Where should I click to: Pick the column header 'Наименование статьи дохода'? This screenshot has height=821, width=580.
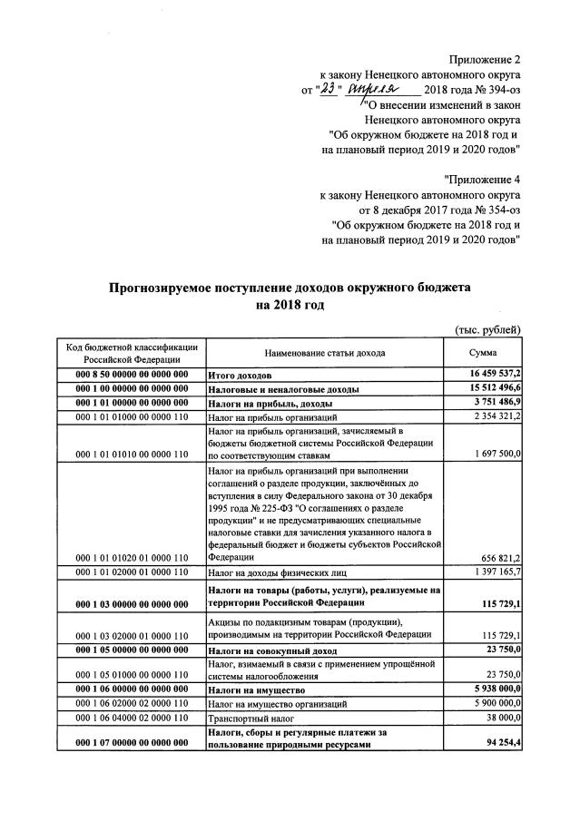324,352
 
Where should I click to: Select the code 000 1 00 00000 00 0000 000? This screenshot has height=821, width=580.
133,388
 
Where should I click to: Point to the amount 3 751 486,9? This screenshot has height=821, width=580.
491,403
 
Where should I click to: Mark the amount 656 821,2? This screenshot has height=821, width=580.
499,557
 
